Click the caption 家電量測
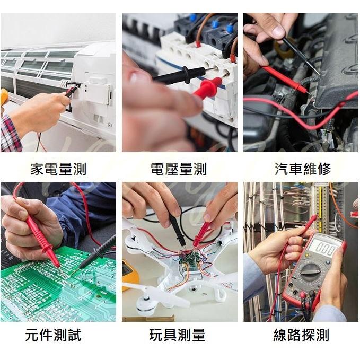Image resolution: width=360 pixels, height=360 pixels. [58, 169]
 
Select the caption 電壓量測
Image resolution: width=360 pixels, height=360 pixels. [179, 169]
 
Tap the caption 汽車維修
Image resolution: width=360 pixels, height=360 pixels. [303, 169]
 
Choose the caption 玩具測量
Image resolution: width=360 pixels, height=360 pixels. [177, 335]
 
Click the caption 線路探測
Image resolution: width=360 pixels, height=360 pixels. [301, 335]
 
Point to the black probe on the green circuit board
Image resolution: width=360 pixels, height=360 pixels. [98, 252]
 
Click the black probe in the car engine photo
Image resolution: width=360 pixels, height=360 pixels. [300, 54]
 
